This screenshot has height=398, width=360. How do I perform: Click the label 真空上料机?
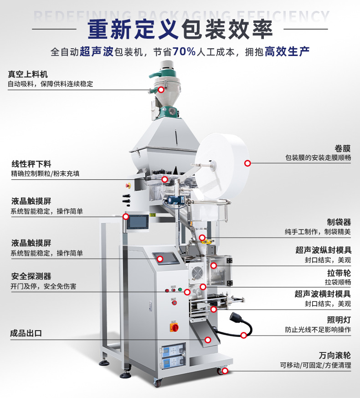[x=28, y=74]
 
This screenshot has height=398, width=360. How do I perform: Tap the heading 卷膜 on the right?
[x=343, y=148]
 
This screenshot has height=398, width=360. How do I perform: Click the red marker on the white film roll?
[x=247, y=163]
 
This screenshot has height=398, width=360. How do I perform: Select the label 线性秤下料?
[x=31, y=164]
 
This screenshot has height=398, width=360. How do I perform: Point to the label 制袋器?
[x=339, y=222]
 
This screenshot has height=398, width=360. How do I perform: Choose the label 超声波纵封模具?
[x=323, y=250]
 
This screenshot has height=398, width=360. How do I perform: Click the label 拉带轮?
[x=339, y=273]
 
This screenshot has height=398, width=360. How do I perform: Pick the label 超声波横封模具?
[x=323, y=294]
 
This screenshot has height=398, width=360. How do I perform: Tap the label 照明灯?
[x=339, y=320]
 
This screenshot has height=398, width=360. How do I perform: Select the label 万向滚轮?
[x=335, y=355]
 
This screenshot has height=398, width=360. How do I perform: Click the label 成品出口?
[x=26, y=333]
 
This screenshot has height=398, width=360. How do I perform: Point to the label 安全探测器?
[x=31, y=276]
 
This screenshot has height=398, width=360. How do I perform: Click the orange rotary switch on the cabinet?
[x=174, y=327]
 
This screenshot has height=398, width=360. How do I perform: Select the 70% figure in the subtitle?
[x=184, y=52]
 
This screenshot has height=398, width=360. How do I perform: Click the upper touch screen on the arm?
[x=138, y=222]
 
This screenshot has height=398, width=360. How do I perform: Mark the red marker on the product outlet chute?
[x=208, y=340]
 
